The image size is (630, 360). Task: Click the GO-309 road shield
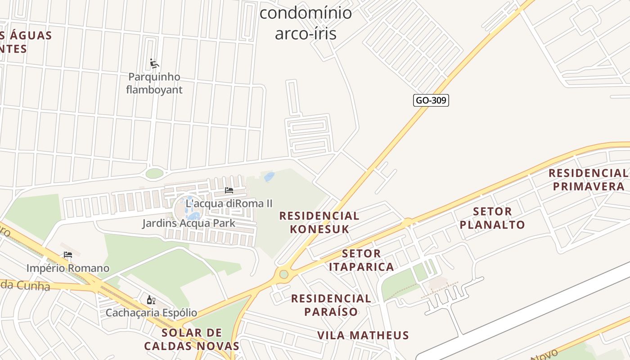(431, 100)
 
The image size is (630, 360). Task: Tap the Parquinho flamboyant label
(154, 83)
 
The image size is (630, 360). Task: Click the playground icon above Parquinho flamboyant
(154, 63)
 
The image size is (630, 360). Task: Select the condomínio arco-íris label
(306, 23)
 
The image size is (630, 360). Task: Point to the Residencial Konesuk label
(319, 222)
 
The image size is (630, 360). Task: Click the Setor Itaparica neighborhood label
(361, 260)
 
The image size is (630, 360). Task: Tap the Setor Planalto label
(492, 218)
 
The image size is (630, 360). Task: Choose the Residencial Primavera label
(588, 180)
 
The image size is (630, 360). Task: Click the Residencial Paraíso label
(331, 305)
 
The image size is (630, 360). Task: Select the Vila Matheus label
(363, 335)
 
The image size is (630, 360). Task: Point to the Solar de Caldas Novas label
(192, 339)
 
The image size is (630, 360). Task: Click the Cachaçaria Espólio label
(151, 312)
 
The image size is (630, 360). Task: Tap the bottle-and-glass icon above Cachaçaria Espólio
(151, 300)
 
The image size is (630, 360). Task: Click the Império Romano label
(67, 268)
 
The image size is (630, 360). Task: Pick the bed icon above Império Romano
(68, 255)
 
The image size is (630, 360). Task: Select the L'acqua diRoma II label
(229, 203)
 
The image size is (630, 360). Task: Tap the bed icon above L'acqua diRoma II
(229, 190)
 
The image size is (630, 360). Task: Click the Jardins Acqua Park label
(189, 223)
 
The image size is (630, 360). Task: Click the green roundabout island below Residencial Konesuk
(283, 274)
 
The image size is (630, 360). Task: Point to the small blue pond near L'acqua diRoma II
(269, 177)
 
